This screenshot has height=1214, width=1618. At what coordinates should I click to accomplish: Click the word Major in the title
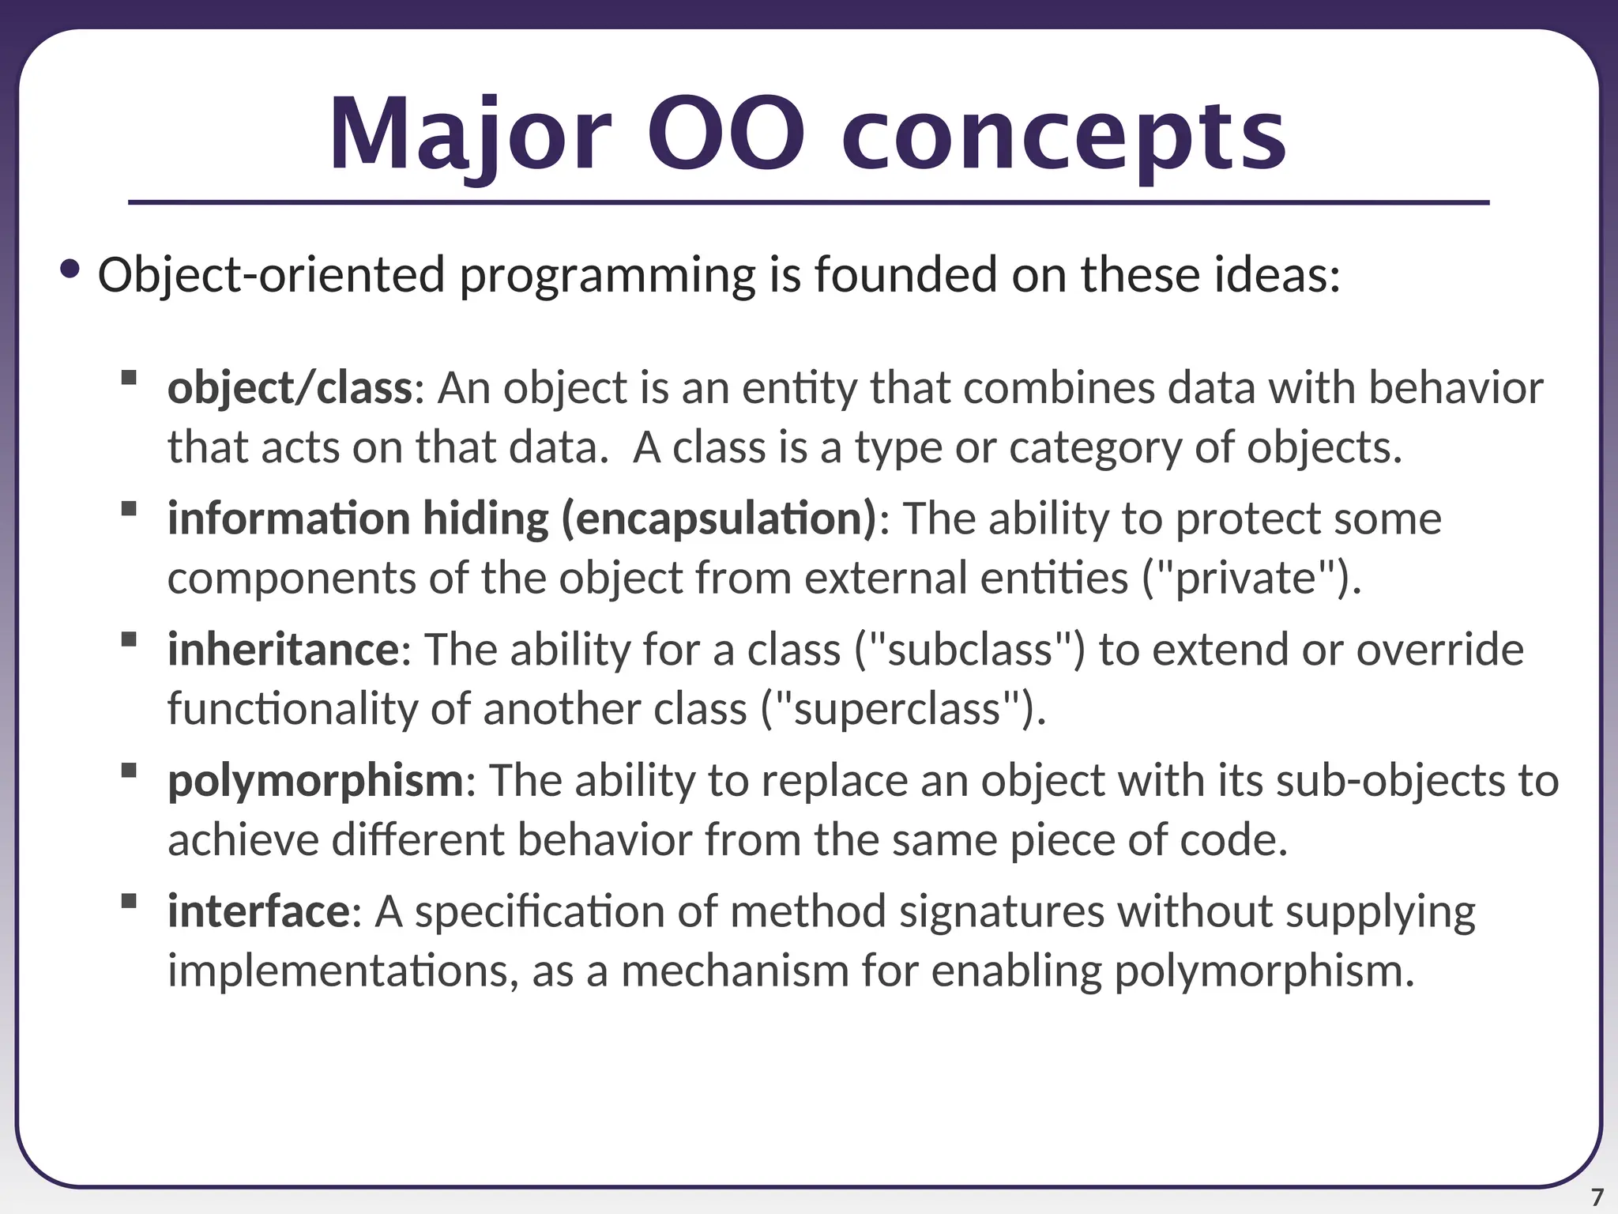point(470,134)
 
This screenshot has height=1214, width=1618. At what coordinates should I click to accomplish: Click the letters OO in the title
point(727,134)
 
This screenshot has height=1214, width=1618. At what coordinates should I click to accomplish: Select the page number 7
point(1597,1197)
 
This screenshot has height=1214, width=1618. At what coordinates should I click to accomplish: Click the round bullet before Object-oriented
point(70,270)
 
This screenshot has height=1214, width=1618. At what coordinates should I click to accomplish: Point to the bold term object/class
point(289,388)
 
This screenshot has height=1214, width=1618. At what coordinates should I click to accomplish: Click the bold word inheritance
point(284,650)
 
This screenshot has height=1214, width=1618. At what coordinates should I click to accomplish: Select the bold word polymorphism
point(315,781)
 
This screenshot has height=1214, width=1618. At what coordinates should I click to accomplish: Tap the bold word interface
point(258,911)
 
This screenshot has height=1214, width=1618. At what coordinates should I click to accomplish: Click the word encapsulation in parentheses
point(719,519)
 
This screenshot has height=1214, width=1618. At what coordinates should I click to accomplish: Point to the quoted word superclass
point(897,709)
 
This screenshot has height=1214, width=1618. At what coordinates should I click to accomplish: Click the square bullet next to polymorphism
point(130,770)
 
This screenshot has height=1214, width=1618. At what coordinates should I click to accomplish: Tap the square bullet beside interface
point(130,901)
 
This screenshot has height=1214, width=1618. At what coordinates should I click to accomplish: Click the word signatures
point(1001,911)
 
